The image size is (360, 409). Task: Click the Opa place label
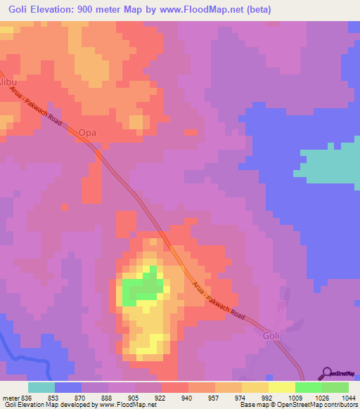pos(86,132)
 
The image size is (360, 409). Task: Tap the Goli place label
pos(271,335)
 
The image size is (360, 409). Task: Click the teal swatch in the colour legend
pos(41,387)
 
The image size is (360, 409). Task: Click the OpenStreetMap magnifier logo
pos(326,373)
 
